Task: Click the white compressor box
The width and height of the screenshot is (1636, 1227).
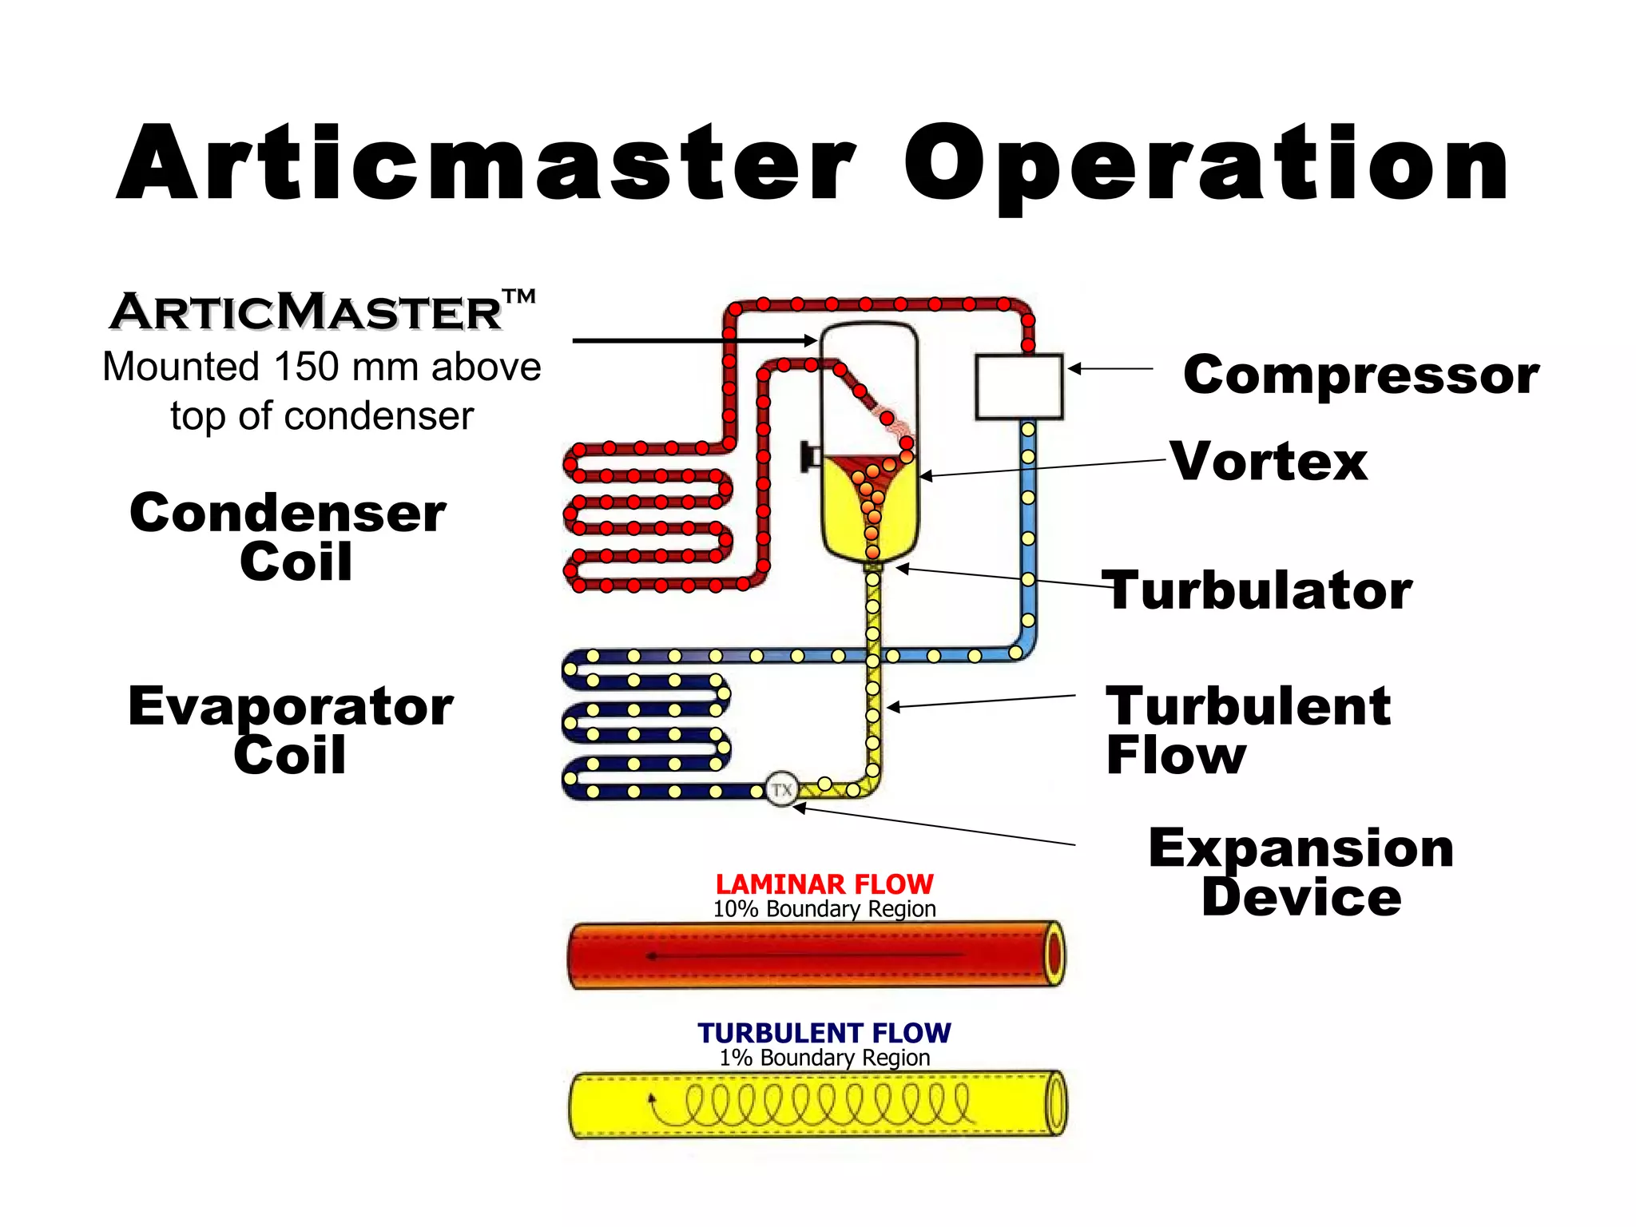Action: coord(1019,387)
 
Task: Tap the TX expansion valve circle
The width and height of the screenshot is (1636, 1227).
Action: coord(781,790)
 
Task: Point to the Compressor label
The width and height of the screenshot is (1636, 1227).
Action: coord(1360,375)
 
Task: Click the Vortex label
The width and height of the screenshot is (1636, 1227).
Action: coord(1269,462)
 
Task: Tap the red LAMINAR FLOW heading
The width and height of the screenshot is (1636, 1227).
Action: coord(824,884)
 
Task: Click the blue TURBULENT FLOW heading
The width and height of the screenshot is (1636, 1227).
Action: coord(824,1033)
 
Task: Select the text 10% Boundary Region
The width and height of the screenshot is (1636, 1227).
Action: coord(824,909)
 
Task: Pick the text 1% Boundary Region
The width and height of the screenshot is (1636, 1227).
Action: coord(824,1058)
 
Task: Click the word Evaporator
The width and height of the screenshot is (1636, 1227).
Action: coord(290,706)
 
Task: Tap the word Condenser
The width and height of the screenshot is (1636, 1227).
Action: coord(288,513)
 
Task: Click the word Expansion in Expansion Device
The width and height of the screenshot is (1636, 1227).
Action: coord(1300,848)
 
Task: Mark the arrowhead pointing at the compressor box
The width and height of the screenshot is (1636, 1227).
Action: coord(1075,368)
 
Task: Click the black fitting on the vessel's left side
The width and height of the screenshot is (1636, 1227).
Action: coord(810,457)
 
